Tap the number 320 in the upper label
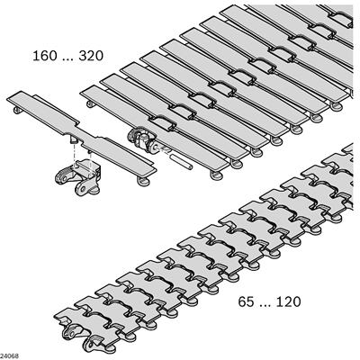(x=91, y=56)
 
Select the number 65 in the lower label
(x=246, y=301)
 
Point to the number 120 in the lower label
(x=288, y=301)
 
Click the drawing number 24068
(x=9, y=356)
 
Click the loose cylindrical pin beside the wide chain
(x=181, y=162)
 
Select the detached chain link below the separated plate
(x=78, y=177)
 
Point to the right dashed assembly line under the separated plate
(x=90, y=164)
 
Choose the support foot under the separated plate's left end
(x=18, y=110)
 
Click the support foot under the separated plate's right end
(x=143, y=181)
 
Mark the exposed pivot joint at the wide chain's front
(x=139, y=139)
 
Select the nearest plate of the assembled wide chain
(x=153, y=131)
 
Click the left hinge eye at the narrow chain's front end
(x=71, y=333)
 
